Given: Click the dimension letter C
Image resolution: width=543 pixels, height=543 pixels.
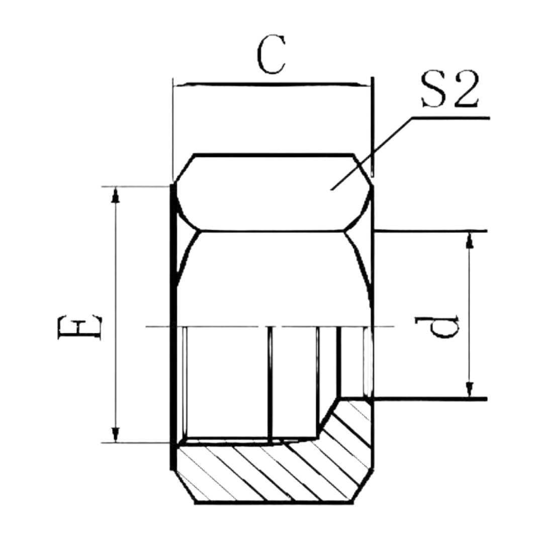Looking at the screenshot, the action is [272, 54].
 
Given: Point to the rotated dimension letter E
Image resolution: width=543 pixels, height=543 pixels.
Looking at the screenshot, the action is [80, 327].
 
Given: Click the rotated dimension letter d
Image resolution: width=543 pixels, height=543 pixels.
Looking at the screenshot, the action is [437, 327].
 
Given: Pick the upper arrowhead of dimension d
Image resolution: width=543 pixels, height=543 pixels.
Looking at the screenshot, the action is [470, 240].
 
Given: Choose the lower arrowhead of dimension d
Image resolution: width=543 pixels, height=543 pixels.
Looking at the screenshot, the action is [470, 390].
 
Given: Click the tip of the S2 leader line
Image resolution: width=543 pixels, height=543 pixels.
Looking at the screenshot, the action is [331, 190].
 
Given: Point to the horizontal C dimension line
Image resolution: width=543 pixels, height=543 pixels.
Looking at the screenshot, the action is [272, 84].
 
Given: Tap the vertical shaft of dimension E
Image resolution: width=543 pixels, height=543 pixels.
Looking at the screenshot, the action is [116, 314].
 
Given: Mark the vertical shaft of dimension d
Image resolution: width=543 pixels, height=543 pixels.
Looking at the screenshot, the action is [470, 315].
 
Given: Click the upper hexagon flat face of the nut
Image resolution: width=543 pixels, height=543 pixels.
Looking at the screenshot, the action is [273, 192].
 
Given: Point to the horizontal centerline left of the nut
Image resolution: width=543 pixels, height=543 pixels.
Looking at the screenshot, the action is [158, 327].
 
